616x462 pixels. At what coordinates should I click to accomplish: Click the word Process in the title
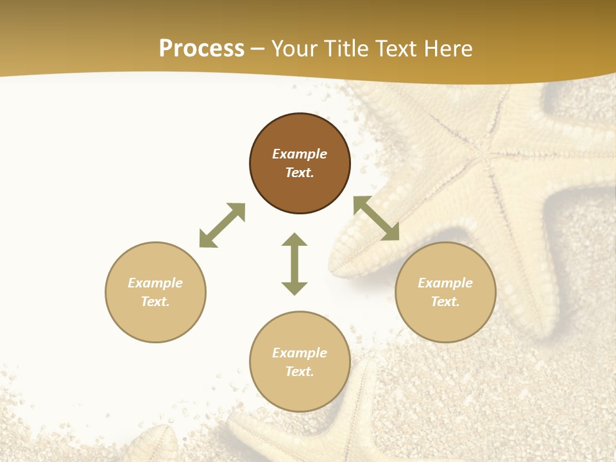pyautogui.click(x=201, y=48)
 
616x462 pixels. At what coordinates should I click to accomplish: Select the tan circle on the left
pyautogui.click(x=155, y=321)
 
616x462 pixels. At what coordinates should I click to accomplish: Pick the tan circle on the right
pyautogui.click(x=445, y=321)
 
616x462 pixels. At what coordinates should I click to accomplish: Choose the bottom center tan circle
pyautogui.click(x=300, y=391)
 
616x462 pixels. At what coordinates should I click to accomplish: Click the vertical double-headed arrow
pyautogui.click(x=295, y=264)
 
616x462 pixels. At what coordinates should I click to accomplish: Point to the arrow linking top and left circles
pyautogui.click(x=222, y=225)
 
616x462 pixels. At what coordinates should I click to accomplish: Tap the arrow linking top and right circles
pyautogui.click(x=376, y=218)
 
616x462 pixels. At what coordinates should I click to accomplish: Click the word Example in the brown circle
pyautogui.click(x=300, y=154)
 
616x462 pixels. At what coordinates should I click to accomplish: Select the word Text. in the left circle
pyautogui.click(x=155, y=302)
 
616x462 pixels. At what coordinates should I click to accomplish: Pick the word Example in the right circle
pyautogui.click(x=445, y=283)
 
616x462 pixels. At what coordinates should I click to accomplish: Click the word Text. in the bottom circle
pyautogui.click(x=300, y=372)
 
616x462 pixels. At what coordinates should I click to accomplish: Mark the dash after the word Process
pyautogui.click(x=258, y=49)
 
